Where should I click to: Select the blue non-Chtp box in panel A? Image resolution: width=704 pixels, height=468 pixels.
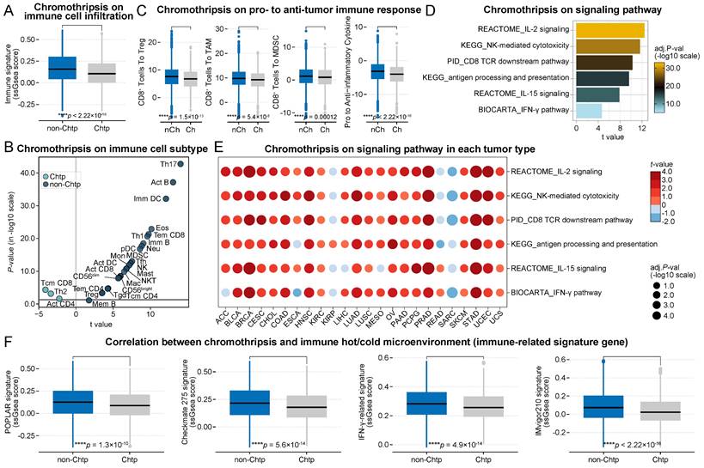coord(62,69)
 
